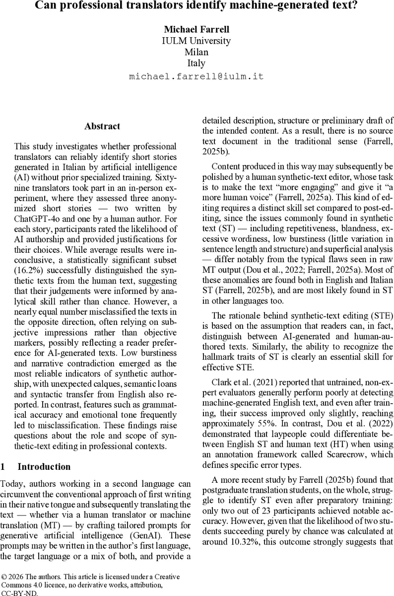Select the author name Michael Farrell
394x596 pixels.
197,30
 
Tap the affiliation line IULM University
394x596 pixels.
197,41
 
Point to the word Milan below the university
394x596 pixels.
197,52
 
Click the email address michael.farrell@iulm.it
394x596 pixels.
197,76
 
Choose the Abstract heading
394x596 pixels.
102,126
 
